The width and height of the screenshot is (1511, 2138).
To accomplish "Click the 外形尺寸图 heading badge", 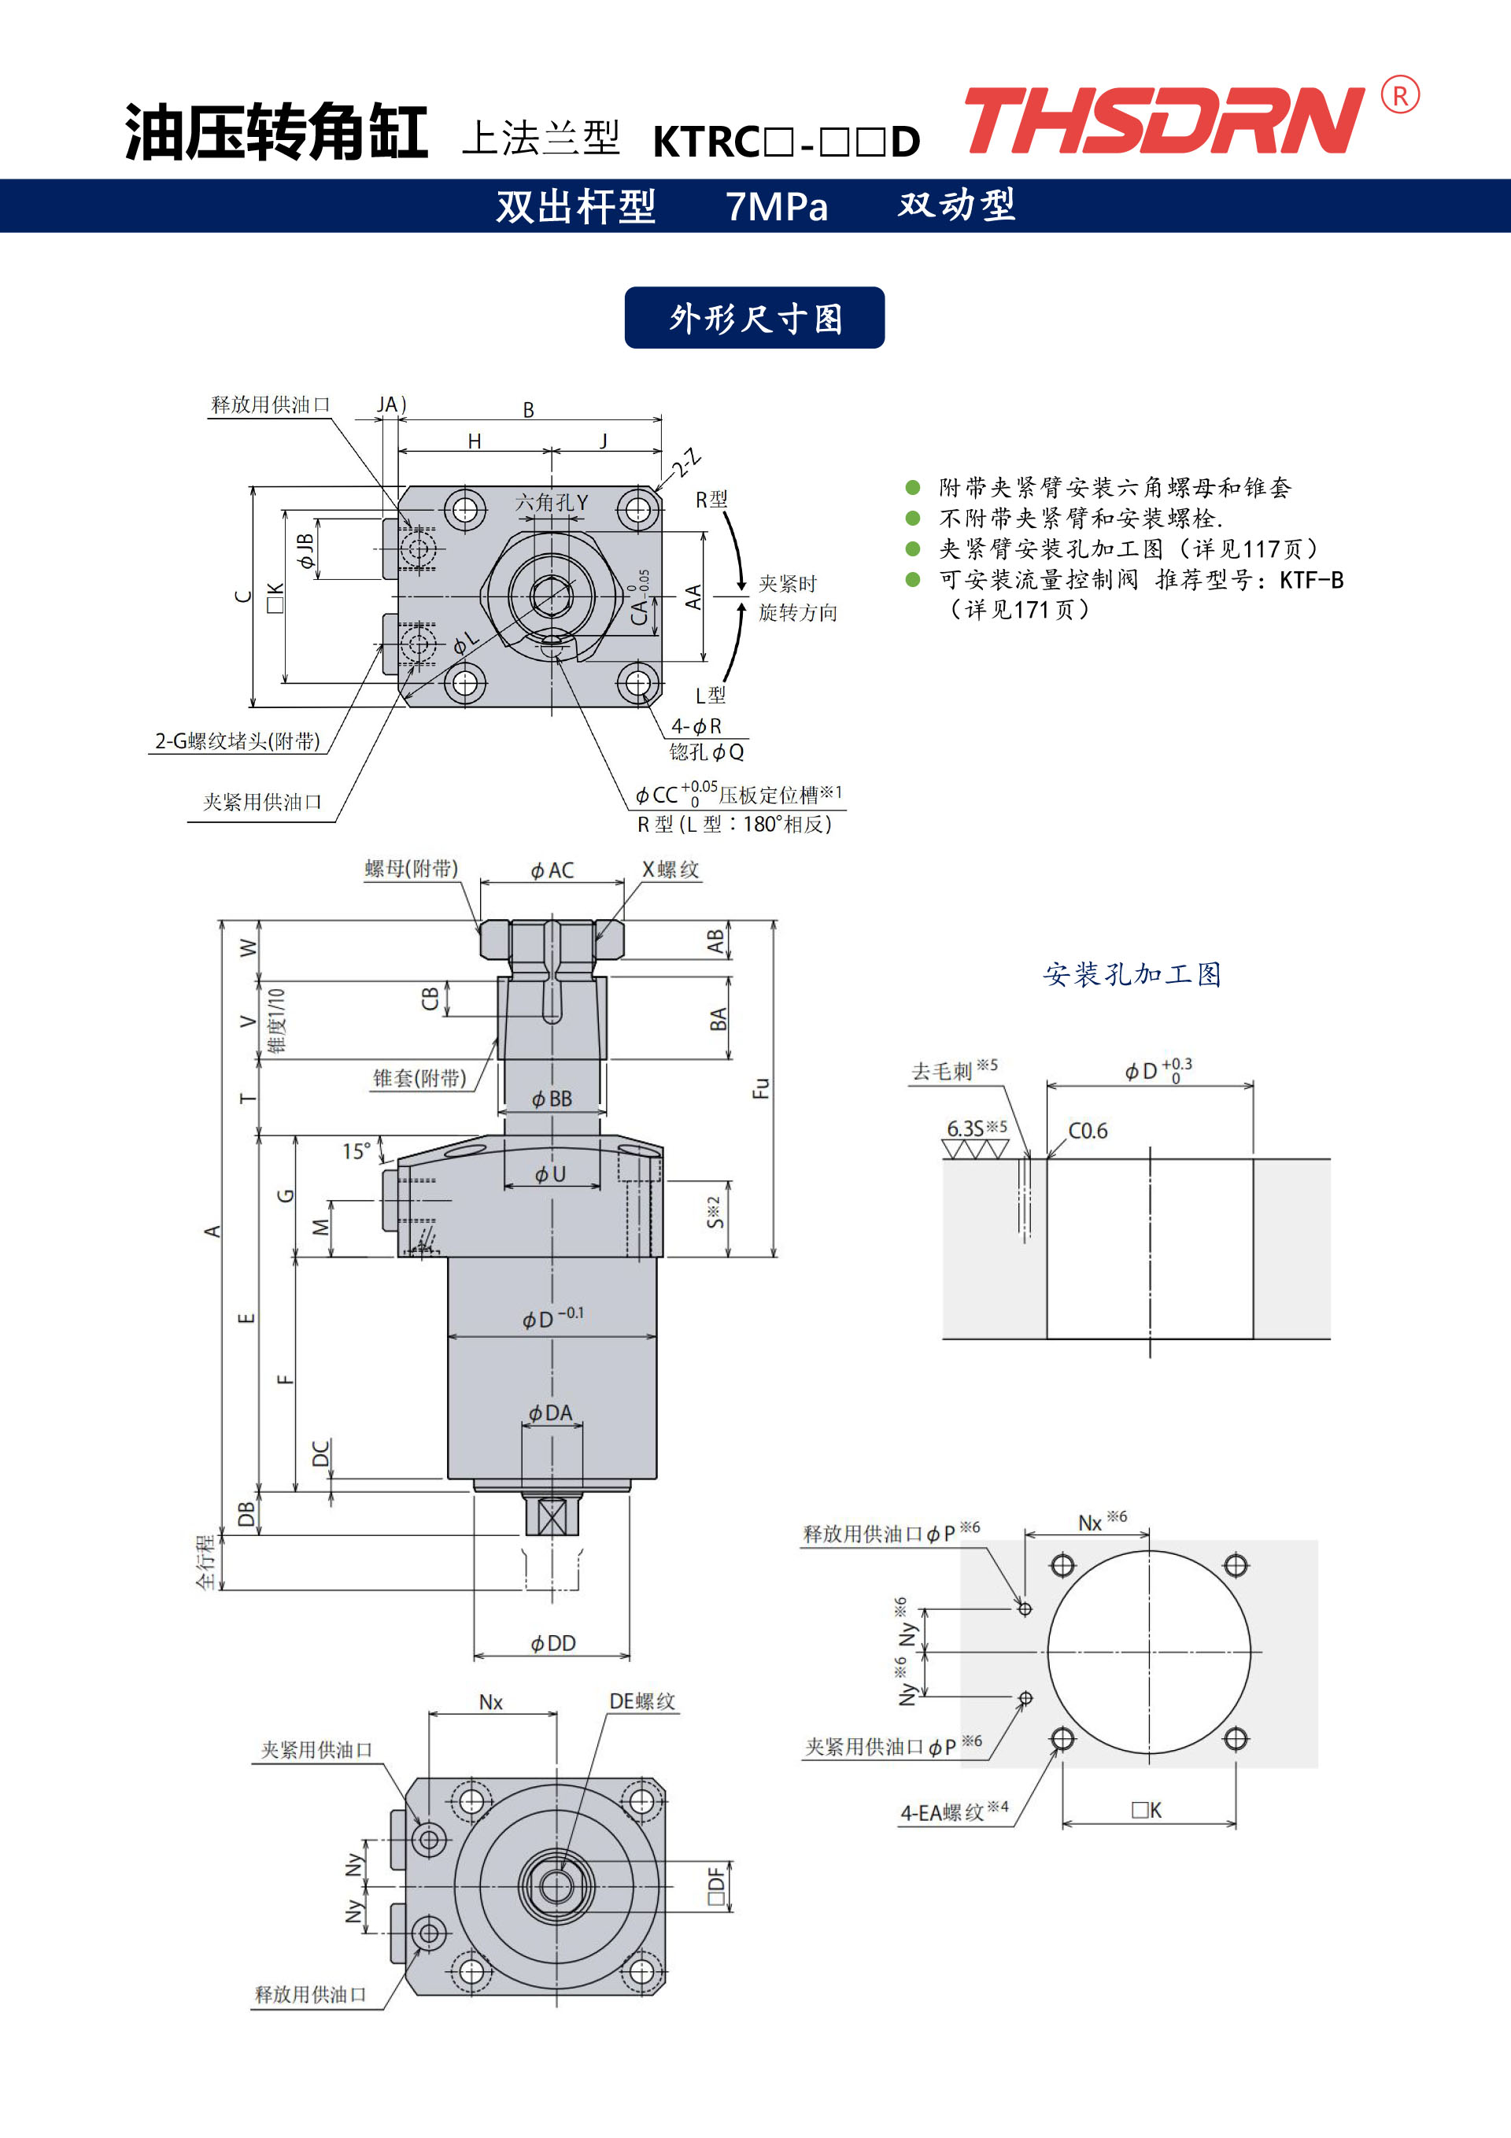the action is (x=755, y=318).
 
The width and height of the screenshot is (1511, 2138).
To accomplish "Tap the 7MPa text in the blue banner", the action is (x=777, y=207).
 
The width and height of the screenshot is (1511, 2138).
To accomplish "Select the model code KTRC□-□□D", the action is (x=786, y=142).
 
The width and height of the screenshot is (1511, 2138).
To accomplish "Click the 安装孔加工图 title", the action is (x=1132, y=974).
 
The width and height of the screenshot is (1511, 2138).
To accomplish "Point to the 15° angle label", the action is (x=357, y=1151).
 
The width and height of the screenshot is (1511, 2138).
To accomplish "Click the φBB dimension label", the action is (x=552, y=1099).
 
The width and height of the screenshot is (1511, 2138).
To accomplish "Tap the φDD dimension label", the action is (x=552, y=1644).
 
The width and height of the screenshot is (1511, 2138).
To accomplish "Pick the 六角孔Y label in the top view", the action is (x=552, y=503).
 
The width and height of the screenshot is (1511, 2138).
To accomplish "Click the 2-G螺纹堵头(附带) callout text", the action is (x=238, y=741).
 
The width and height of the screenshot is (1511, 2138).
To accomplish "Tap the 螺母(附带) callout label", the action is (x=411, y=869).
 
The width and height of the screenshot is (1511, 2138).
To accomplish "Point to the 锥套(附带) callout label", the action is (x=419, y=1078).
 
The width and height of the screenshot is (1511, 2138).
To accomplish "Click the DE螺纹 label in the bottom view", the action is (x=642, y=1701).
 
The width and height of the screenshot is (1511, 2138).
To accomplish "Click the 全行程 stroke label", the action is (x=206, y=1563).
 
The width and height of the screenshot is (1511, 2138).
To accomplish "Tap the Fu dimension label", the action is (x=761, y=1087).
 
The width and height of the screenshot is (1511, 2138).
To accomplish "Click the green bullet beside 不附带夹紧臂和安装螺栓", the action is (x=913, y=518).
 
